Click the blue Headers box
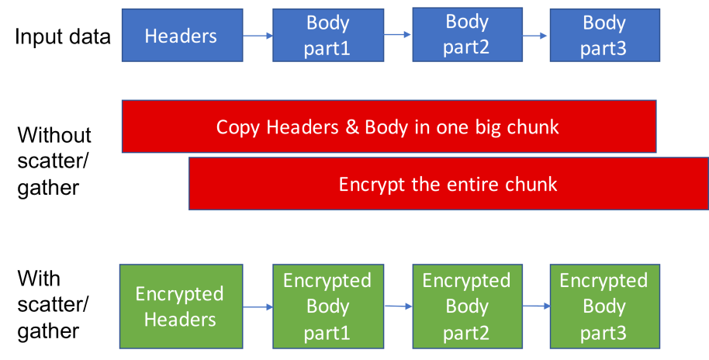tap(180, 36)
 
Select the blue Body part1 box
tap(328, 36)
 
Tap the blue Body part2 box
tap(467, 35)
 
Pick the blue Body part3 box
tap(604, 36)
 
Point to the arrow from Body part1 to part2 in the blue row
tap(398, 35)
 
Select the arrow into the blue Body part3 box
tap(536, 36)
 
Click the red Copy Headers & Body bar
tap(388, 126)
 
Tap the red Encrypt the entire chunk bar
tap(448, 184)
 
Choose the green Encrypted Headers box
tap(179, 306)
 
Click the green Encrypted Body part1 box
tap(327, 306)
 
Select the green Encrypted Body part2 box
tap(466, 306)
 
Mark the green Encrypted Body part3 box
tap(604, 306)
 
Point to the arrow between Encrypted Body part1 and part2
tap(397, 306)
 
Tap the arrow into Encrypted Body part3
tap(535, 307)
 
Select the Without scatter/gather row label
tap(54, 161)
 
